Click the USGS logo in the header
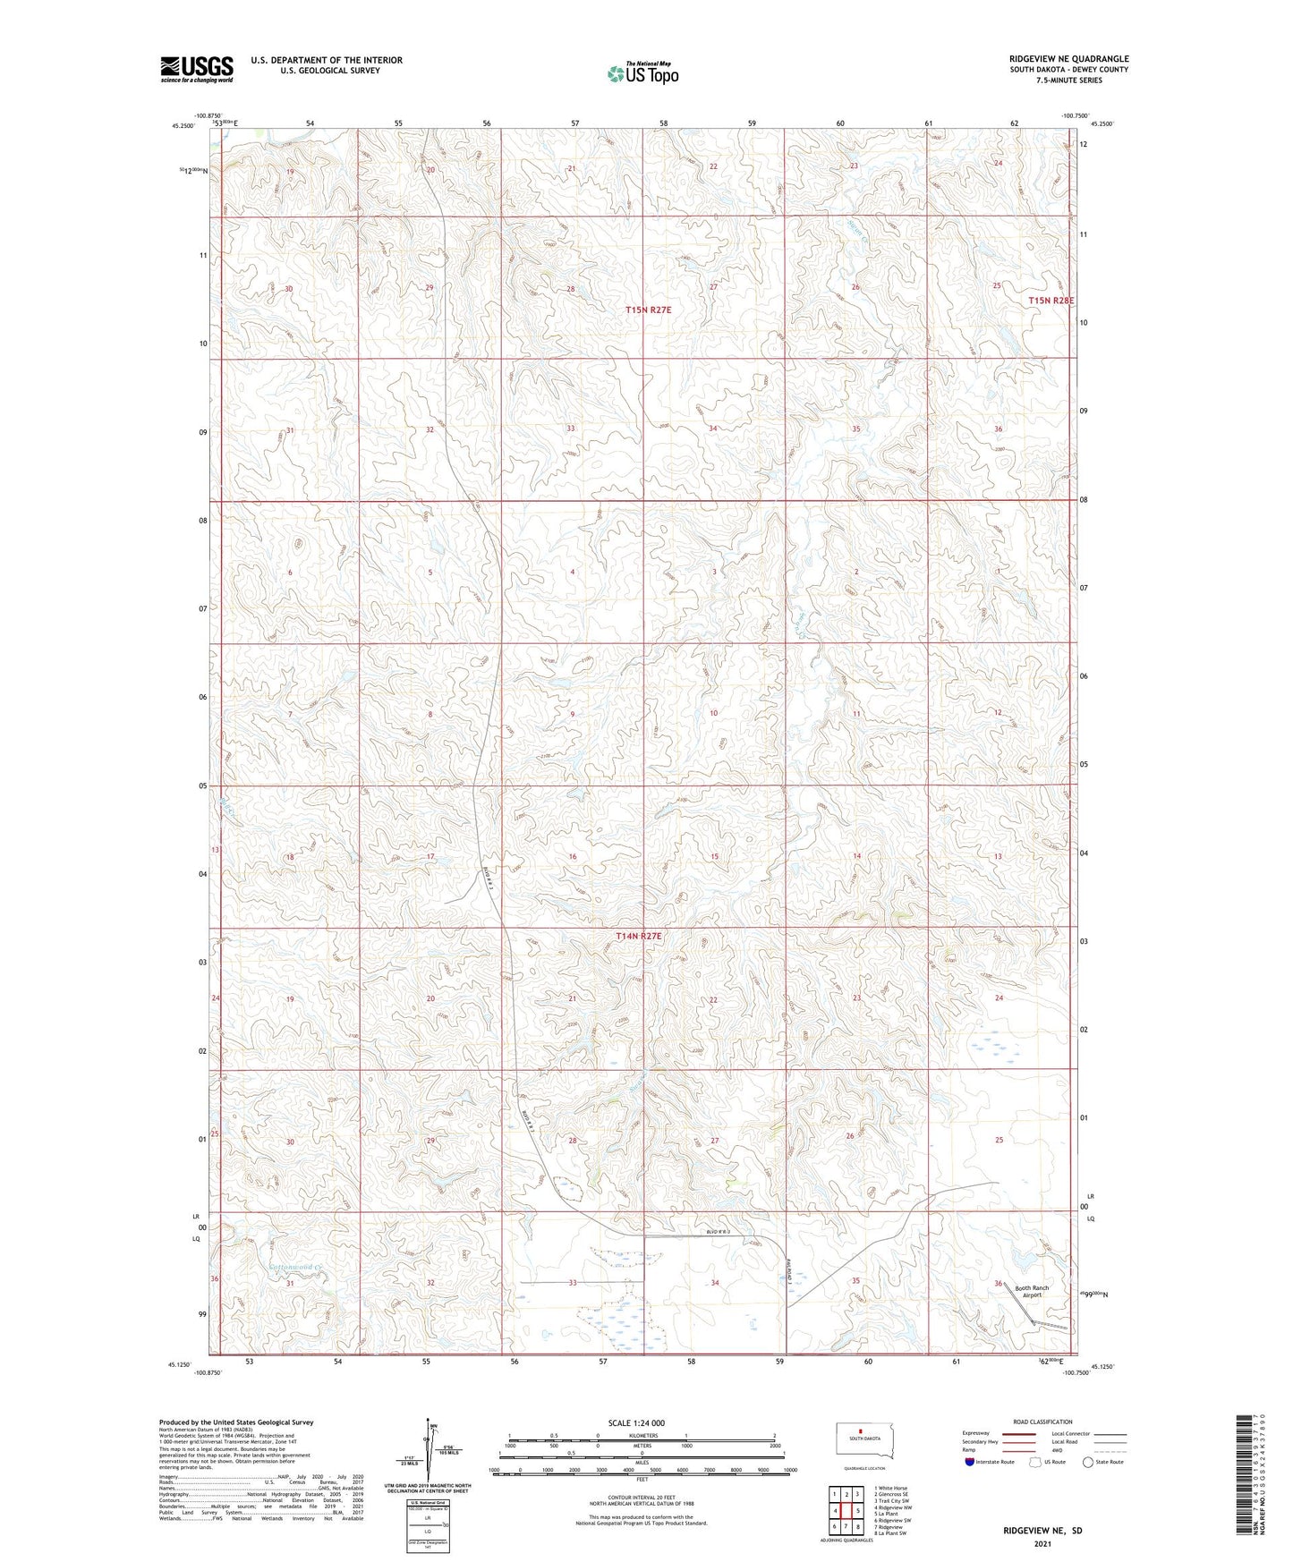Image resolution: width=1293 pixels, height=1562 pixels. (x=197, y=69)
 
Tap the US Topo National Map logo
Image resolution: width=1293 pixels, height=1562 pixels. (x=642, y=73)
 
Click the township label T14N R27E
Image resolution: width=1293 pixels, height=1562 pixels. (x=639, y=936)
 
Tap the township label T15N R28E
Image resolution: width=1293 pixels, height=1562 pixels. (x=1051, y=301)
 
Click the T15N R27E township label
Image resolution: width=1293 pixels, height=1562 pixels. (x=648, y=310)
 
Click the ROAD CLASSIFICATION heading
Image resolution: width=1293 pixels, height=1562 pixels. (x=1042, y=1422)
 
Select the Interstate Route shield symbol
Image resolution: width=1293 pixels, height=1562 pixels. (x=970, y=1463)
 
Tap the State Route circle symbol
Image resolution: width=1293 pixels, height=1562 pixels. (x=1088, y=1463)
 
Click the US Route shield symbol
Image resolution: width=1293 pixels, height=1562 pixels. (x=1036, y=1463)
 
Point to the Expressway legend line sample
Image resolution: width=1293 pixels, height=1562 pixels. (x=1019, y=1433)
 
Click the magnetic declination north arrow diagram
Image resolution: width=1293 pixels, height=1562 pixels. (x=433, y=1456)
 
